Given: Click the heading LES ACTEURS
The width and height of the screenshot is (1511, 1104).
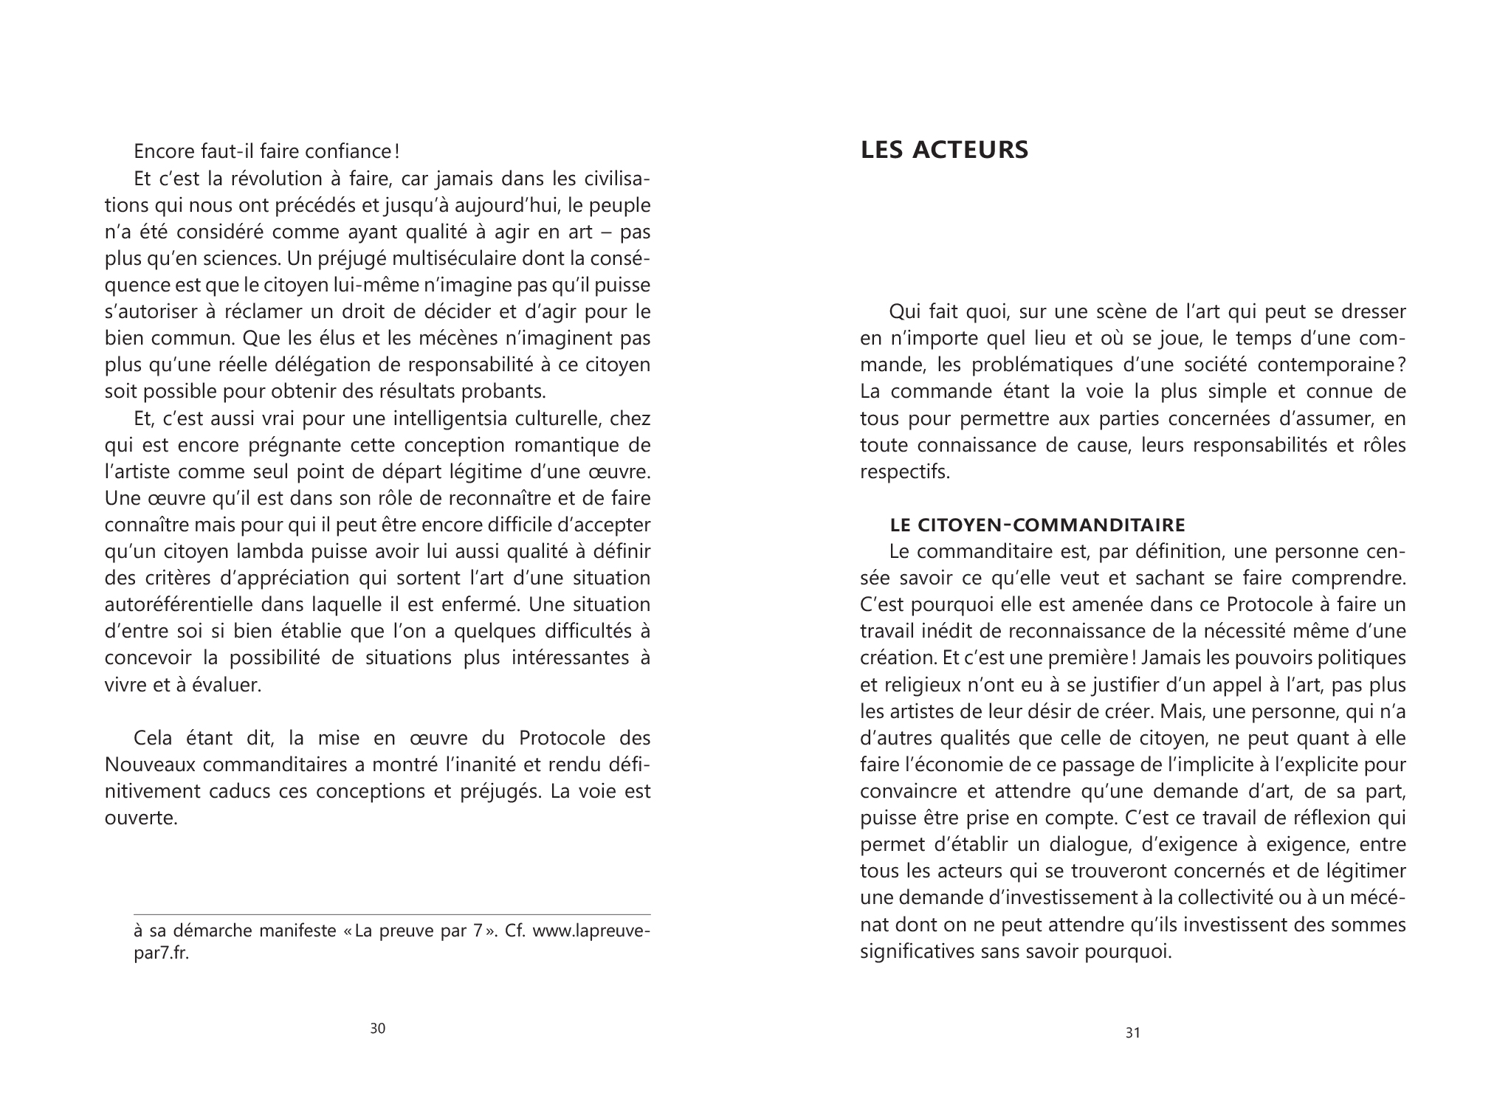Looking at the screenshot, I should tap(944, 150).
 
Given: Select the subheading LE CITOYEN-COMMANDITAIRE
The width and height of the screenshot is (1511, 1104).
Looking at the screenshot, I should tap(1037, 525).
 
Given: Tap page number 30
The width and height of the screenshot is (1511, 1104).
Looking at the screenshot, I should tap(377, 1029).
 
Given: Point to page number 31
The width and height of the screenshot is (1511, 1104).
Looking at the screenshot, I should tap(1133, 1033).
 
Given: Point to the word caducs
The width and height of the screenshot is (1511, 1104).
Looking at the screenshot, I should tap(275, 792).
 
